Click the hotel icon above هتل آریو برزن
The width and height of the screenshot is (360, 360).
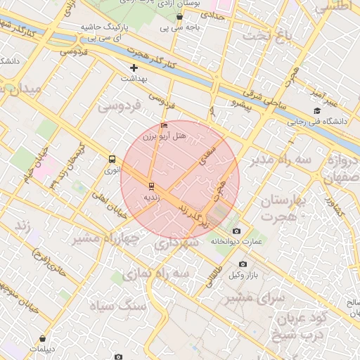pos(164,126)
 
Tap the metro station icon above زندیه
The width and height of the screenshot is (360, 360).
pos(150,186)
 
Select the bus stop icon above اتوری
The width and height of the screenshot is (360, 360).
pos(112,159)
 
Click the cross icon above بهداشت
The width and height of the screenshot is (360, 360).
pos(134,68)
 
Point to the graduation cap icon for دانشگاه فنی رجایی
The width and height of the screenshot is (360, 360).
pos(317,111)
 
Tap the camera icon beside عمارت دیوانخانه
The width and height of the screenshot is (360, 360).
pos(236,231)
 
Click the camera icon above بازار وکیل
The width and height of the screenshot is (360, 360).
pos(243,264)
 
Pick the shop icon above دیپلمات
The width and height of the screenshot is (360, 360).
pos(43,338)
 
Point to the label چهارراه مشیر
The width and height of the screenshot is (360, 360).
pos(105,238)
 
